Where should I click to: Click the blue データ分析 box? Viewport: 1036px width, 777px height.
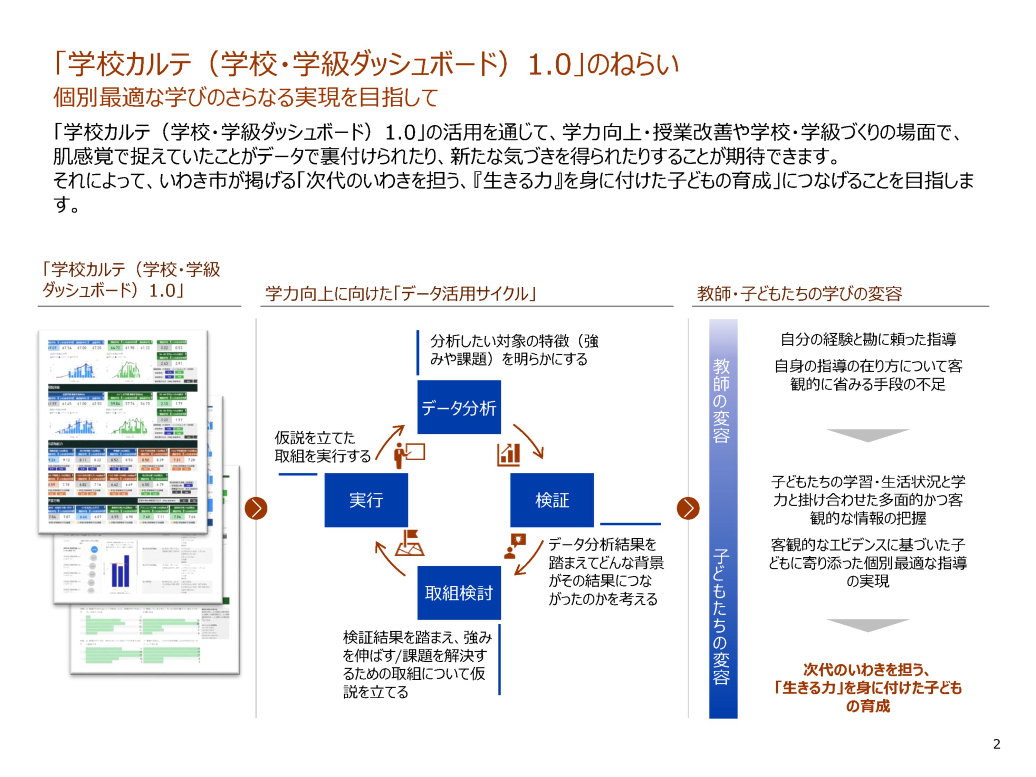[459, 407]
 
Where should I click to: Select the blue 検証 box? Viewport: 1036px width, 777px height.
[552, 500]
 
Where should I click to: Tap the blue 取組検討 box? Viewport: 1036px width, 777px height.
[459, 593]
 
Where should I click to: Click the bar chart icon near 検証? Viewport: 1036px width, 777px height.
[509, 454]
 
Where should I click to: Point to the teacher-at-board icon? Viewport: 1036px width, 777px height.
[409, 454]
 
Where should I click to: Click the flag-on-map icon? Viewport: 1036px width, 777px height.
[409, 543]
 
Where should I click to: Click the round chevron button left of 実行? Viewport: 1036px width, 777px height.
[256, 508]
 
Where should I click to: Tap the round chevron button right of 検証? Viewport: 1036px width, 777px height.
[688, 508]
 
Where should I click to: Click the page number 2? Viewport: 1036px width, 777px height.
[996, 744]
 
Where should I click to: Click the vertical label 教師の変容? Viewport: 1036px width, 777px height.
[721, 401]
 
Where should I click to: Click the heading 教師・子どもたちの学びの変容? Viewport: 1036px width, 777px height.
[799, 294]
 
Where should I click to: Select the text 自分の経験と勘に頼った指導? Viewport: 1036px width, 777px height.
[868, 339]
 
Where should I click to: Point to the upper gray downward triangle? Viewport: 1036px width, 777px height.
[867, 435]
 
